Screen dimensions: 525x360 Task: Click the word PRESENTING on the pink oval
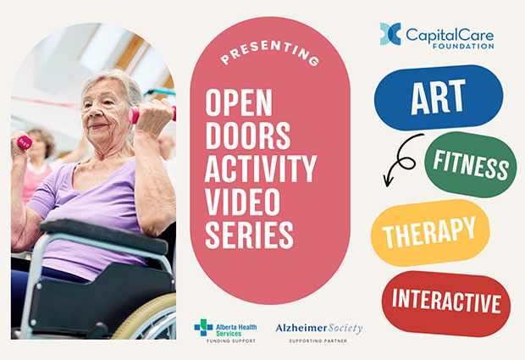click(x=270, y=53)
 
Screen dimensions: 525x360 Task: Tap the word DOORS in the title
click(x=248, y=136)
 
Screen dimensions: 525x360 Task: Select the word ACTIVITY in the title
click(x=261, y=169)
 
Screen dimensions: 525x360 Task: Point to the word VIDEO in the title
click(x=242, y=202)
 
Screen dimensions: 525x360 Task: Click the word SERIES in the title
click(x=249, y=235)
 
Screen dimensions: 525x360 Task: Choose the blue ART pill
click(x=439, y=97)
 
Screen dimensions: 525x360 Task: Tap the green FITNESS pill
click(x=471, y=164)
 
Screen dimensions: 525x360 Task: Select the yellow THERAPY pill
click(x=430, y=233)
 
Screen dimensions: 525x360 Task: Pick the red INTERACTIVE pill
click(x=446, y=303)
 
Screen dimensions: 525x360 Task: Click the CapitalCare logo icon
click(x=390, y=34)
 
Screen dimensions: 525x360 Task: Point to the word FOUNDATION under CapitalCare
click(x=463, y=46)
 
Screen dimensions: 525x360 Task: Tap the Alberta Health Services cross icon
click(x=203, y=327)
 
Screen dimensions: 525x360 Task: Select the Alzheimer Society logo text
click(x=319, y=328)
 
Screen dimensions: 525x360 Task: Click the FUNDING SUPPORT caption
click(x=230, y=341)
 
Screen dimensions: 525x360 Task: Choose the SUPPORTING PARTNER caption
click(x=318, y=341)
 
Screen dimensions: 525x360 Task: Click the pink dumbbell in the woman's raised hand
click(x=152, y=114)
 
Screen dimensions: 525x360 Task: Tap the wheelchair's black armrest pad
click(x=104, y=235)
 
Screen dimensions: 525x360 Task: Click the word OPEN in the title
click(x=239, y=102)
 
